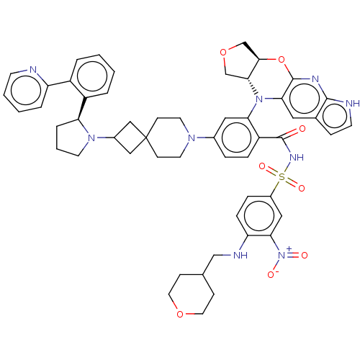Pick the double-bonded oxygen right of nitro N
tap(304, 255)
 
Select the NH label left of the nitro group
tap(240, 255)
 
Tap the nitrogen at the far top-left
tap(32, 71)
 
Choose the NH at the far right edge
tap(352, 104)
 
